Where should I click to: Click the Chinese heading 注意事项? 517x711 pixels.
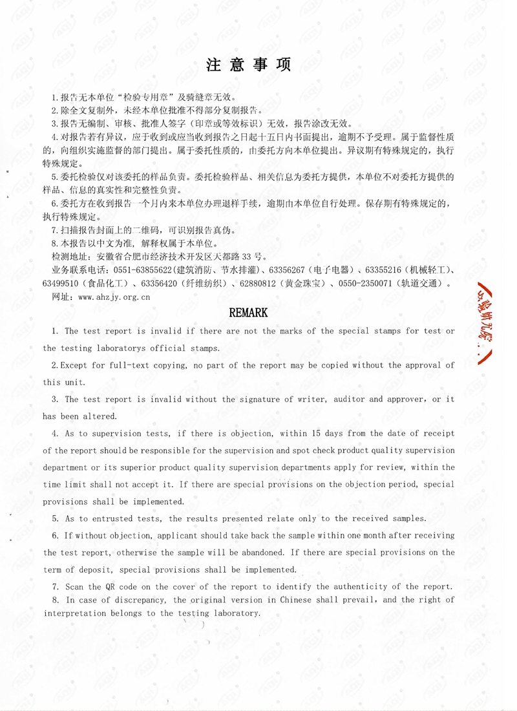pyautogui.click(x=249, y=65)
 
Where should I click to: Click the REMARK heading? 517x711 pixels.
pyautogui.click(x=249, y=313)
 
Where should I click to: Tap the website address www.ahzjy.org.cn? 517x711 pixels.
pyautogui.click(x=114, y=297)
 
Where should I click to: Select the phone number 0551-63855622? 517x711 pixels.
pyautogui.click(x=142, y=270)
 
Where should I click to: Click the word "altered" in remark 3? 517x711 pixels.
pyautogui.click(x=100, y=416)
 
